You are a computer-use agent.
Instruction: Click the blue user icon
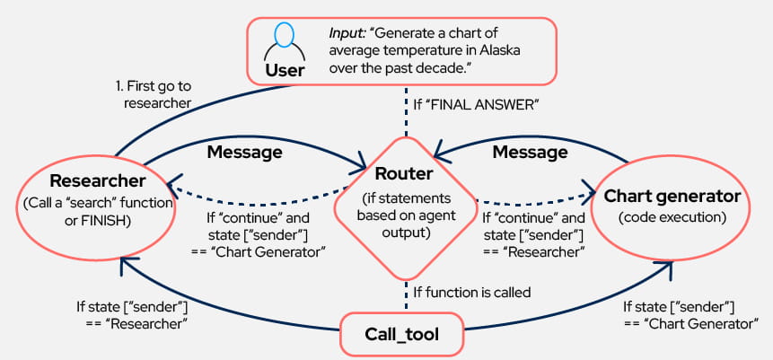(285, 38)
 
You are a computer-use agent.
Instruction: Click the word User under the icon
(285, 68)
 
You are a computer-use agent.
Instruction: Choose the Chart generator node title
(672, 196)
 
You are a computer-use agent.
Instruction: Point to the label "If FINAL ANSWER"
(475, 105)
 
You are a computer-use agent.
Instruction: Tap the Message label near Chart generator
(531, 152)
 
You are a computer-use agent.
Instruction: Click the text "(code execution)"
(672, 218)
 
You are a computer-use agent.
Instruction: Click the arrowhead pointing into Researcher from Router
(177, 185)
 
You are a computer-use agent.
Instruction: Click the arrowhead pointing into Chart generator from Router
(593, 191)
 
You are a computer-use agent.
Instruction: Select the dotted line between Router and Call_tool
(406, 290)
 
